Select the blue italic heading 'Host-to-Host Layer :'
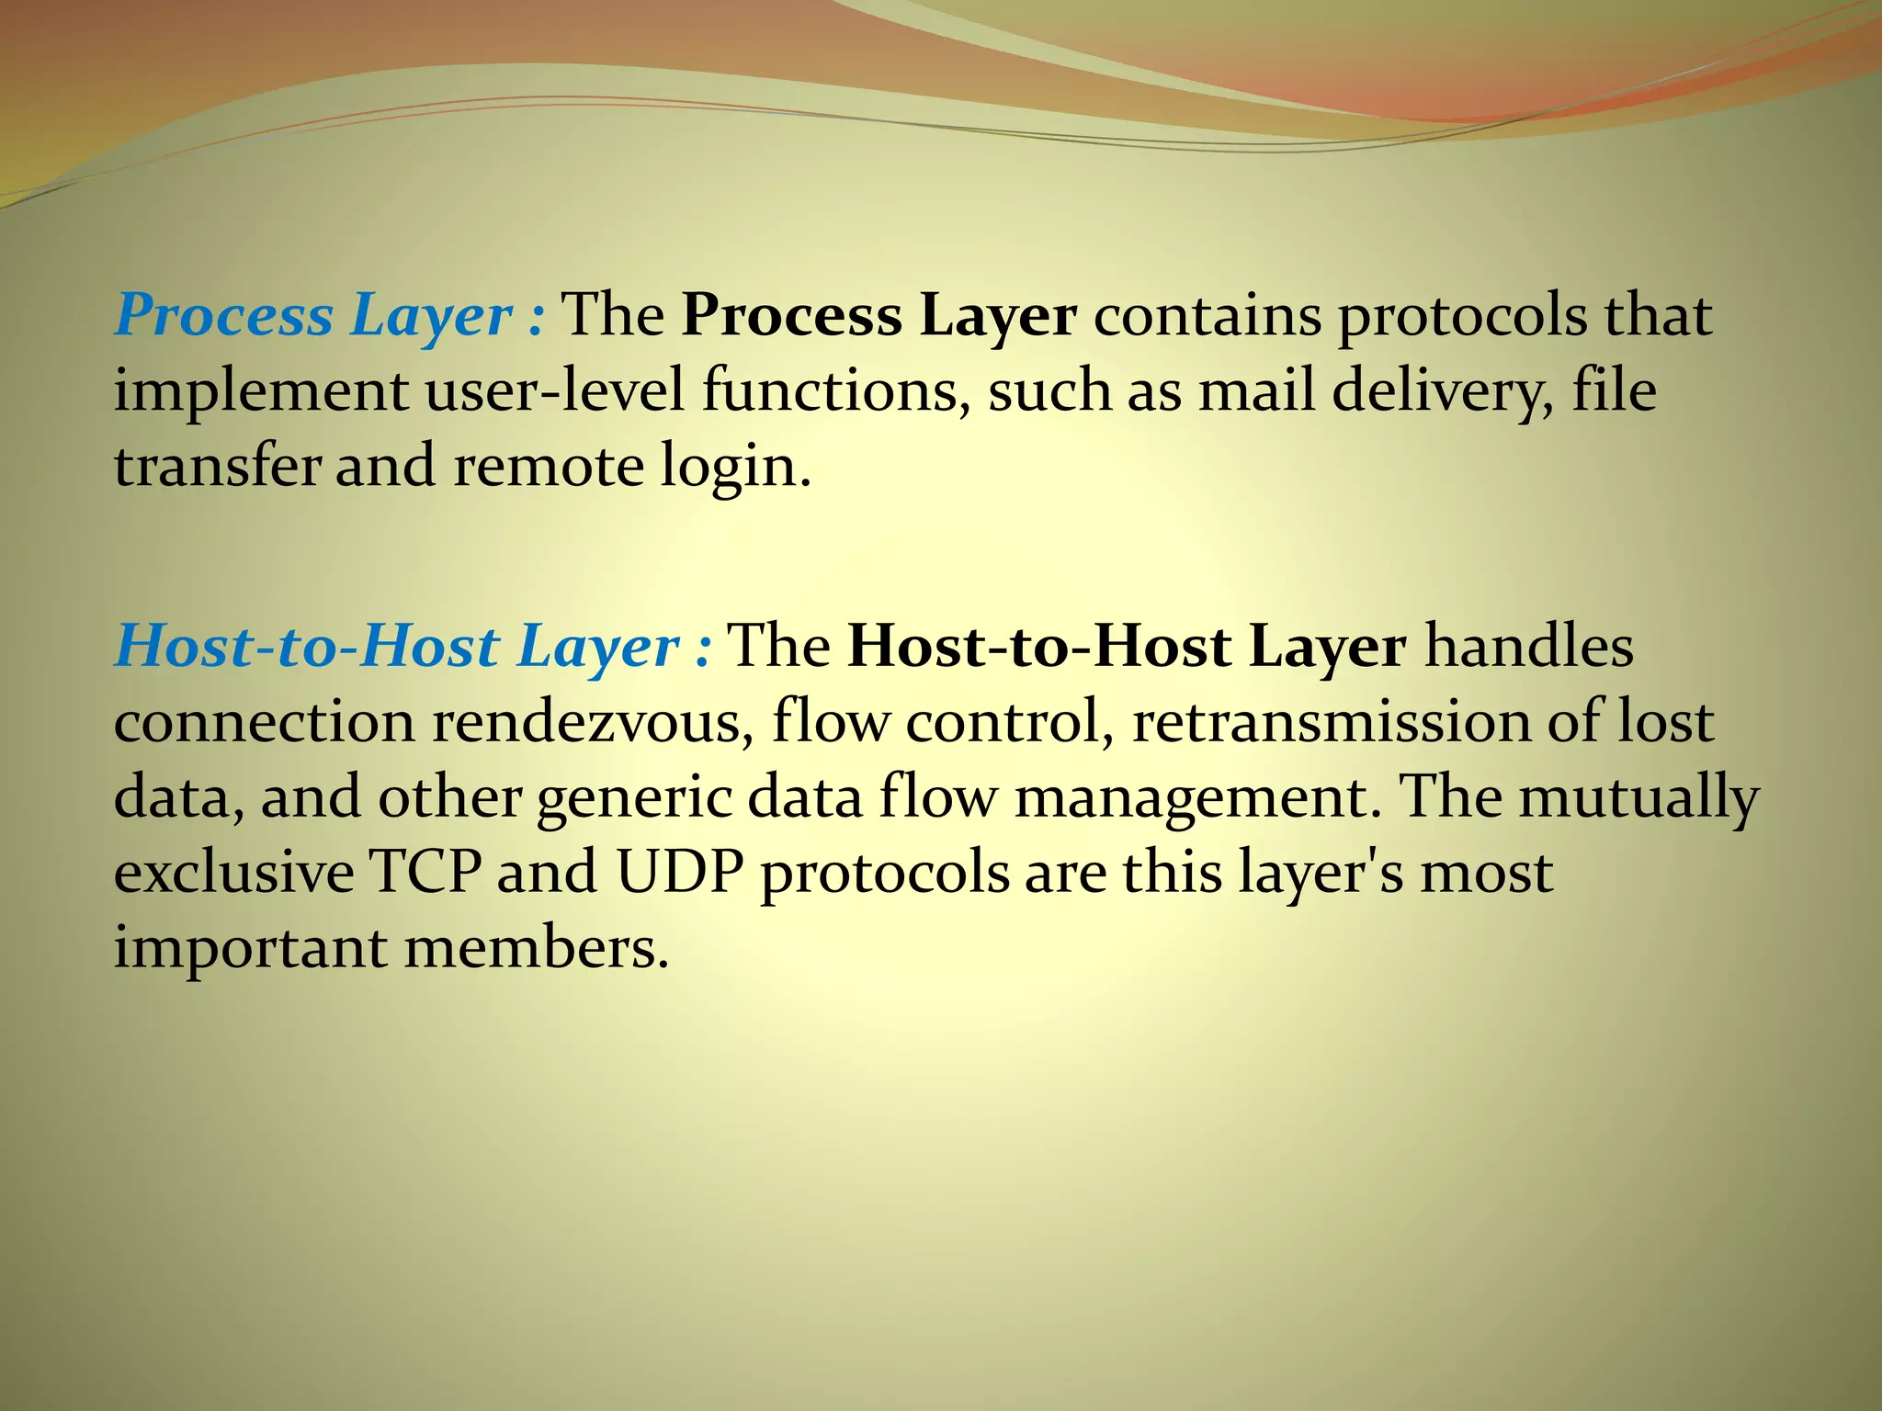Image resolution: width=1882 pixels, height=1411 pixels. pos(413,648)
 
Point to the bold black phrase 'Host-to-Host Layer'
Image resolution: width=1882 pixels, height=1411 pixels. pos(1127,648)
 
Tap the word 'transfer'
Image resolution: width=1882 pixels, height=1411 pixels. pos(217,467)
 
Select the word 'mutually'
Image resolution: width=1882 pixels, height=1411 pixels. pos(1638,797)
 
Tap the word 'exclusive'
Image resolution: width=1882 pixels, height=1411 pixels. pos(233,873)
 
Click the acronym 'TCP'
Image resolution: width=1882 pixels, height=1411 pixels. pos(425,873)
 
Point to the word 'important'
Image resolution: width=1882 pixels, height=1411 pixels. pos(250,949)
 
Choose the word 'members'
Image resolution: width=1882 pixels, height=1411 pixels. pos(535,948)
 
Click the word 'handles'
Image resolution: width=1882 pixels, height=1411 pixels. pos(1529,648)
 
